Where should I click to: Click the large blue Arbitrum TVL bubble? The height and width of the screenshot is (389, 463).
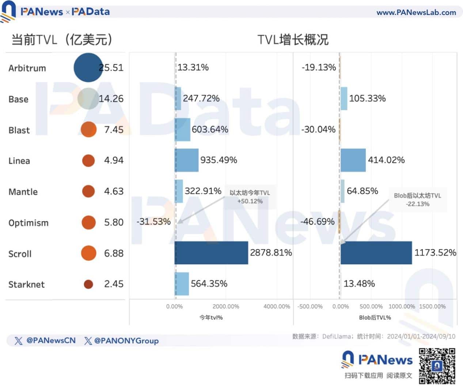click(88, 68)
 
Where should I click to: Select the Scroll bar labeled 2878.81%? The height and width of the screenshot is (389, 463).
click(211, 253)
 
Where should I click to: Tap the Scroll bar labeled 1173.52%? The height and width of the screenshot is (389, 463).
click(376, 253)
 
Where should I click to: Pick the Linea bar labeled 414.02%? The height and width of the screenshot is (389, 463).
click(353, 160)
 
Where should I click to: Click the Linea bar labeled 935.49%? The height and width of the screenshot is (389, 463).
click(187, 160)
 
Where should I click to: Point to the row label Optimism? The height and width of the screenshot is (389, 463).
click(29, 223)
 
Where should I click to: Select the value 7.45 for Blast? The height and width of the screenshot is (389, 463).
click(114, 129)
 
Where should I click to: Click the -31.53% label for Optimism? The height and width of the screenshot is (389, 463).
click(153, 222)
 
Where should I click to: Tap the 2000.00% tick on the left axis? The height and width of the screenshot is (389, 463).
click(226, 306)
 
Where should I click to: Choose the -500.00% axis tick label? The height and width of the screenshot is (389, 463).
click(310, 306)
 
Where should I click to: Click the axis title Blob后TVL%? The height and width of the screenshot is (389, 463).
click(375, 317)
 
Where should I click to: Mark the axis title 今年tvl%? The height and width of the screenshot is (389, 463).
click(211, 317)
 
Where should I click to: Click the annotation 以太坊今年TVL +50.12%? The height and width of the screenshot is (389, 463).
click(250, 197)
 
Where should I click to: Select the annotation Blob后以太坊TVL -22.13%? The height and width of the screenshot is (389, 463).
click(417, 200)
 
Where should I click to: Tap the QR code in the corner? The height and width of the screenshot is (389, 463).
click(437, 366)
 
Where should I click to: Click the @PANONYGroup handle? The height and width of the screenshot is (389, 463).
click(126, 341)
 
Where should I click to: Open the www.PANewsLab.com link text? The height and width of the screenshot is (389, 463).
click(416, 12)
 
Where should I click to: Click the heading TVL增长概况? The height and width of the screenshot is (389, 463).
click(293, 39)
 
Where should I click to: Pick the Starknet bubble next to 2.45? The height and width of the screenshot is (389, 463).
click(88, 284)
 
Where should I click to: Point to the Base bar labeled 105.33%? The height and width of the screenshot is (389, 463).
click(344, 99)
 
